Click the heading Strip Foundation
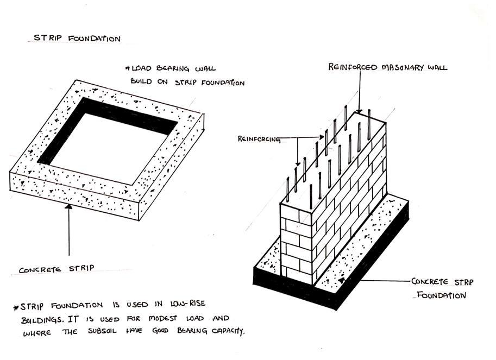point(77,39)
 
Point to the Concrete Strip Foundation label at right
point(442,289)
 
